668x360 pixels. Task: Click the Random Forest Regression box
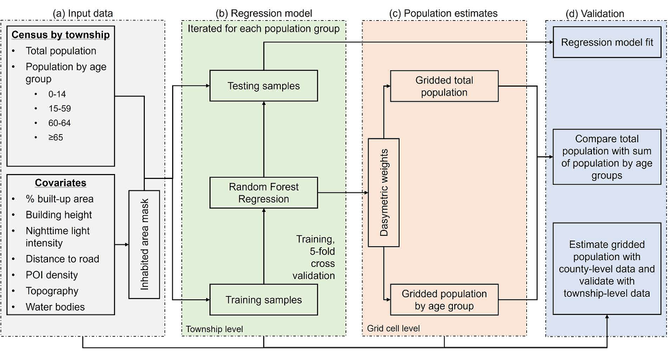[263, 193]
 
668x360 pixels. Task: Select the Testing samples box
[263, 86]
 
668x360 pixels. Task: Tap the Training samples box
[263, 299]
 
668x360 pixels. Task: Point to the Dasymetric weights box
[383, 192]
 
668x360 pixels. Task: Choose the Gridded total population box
[444, 87]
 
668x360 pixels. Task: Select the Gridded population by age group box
[444, 300]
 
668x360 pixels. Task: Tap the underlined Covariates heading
[61, 183]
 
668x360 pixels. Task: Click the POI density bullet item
[52, 275]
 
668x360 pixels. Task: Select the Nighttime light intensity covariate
[58, 237]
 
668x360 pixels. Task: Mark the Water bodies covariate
[55, 307]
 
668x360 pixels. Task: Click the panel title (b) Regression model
[263, 13]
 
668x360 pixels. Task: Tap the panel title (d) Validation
[595, 13]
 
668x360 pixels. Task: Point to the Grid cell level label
[393, 328]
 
